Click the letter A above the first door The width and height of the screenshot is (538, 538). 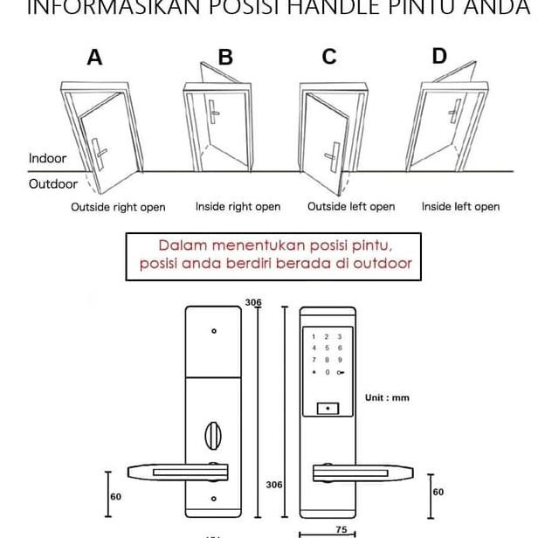[x=94, y=59]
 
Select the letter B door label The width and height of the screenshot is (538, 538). [x=225, y=58]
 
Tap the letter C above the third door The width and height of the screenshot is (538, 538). [x=329, y=57]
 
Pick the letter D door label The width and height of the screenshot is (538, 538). [x=439, y=57]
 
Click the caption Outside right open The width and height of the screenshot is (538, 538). [x=118, y=208]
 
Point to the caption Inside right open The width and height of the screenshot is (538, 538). [x=238, y=207]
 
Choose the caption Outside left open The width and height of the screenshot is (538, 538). [x=351, y=207]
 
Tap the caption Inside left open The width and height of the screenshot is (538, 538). [x=460, y=207]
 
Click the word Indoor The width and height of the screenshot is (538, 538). [x=47, y=159]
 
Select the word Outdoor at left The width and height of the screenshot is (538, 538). [x=52, y=184]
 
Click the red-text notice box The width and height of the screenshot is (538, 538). [x=274, y=255]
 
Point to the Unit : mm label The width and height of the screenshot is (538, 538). [x=387, y=398]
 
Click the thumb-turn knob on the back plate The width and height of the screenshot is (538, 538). [x=214, y=434]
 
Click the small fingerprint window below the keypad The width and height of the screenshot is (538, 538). [x=327, y=408]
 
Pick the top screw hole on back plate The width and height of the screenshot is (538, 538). [x=214, y=332]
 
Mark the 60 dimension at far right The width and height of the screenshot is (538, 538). [x=438, y=492]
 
